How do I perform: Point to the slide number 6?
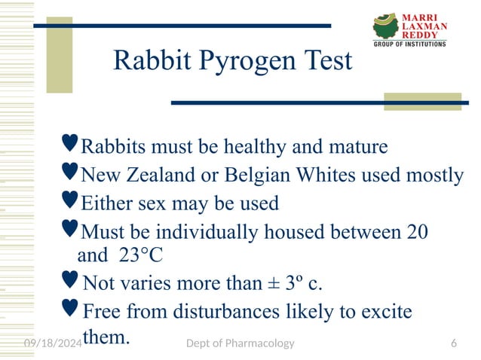point(453,343)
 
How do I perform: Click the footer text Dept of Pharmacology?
point(240,343)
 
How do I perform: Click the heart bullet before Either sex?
point(69,200)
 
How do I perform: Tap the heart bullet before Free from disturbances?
point(69,307)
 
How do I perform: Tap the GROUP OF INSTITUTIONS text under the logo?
point(410,44)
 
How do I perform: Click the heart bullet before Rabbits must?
point(69,142)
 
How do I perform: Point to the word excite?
point(387,310)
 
